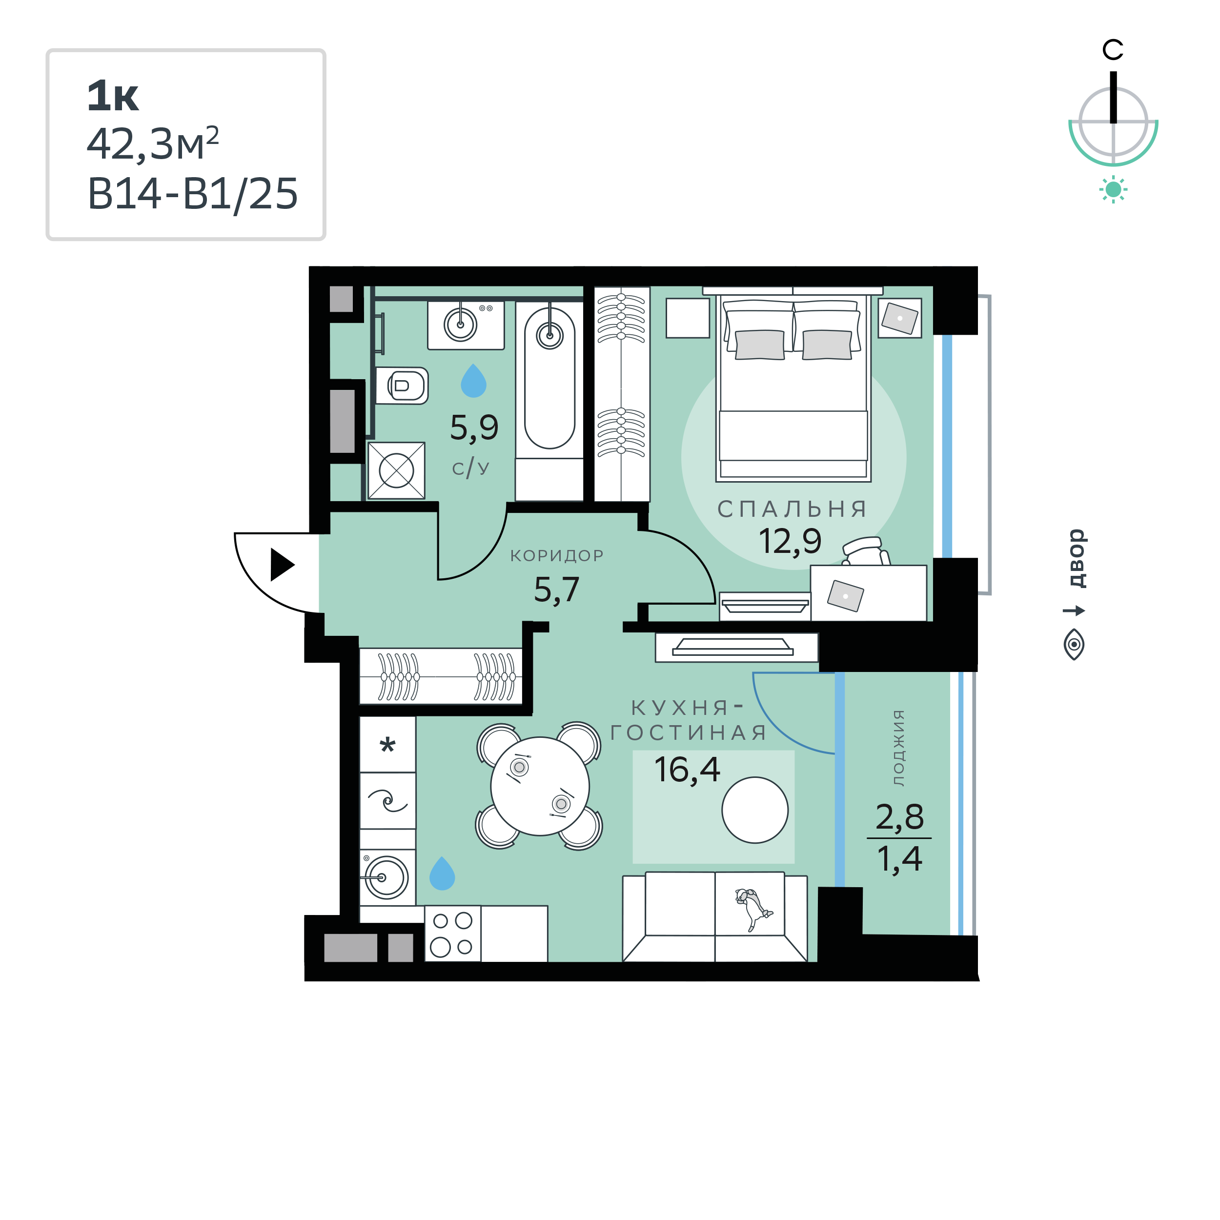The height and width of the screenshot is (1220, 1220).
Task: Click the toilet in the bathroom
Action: coord(402,385)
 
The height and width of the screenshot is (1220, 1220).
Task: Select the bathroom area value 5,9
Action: coord(474,427)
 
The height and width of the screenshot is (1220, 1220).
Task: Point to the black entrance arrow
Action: coord(282,565)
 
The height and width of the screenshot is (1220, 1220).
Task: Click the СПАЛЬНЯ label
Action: coord(793,509)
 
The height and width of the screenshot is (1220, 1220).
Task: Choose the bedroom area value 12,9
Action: coord(790,541)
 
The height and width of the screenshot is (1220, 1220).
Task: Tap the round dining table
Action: coord(540,786)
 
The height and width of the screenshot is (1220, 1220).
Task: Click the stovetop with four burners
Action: coord(452,934)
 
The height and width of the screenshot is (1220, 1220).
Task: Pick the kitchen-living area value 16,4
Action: coord(687,770)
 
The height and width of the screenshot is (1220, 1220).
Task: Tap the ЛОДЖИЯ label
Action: coord(898,748)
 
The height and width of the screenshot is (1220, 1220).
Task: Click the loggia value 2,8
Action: coord(899,816)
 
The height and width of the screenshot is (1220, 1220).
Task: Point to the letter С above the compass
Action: coord(1113,50)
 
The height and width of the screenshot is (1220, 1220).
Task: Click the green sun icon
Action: coord(1113,189)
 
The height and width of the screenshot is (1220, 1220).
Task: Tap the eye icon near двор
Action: coord(1074,645)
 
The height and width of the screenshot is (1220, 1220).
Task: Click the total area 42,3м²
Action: coord(153,144)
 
